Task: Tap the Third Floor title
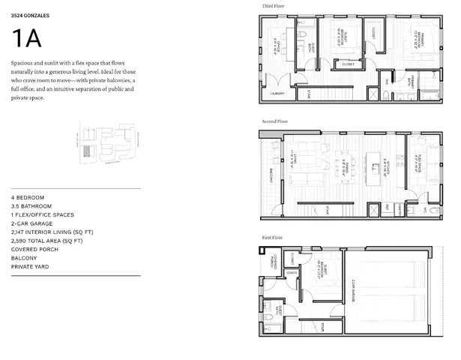273,6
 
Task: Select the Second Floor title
274,120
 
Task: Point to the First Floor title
273,237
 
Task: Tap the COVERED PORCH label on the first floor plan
276,262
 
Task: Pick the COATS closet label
290,271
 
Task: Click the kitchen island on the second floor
371,165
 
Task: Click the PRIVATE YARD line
30,266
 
